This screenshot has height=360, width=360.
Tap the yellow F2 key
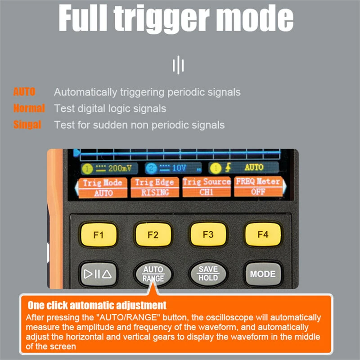point(153,234)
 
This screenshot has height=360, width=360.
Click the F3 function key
point(208,234)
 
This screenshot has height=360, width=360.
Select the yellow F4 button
point(263,234)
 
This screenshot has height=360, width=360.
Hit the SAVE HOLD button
point(208,274)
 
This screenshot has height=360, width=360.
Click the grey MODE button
point(263,274)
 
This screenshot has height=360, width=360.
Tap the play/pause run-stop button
point(98,274)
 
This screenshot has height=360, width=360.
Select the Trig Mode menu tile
point(103,188)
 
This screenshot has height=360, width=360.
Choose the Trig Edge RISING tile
point(155,187)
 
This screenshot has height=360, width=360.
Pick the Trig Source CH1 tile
point(207,187)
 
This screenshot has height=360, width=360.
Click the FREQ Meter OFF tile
point(258,186)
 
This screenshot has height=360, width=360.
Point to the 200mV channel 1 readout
point(109,168)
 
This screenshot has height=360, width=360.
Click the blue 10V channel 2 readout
point(173,168)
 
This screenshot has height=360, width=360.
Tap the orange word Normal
point(29,108)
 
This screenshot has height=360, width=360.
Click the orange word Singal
point(27,125)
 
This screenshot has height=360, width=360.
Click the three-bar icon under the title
point(178,65)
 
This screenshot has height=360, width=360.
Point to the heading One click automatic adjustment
point(97,306)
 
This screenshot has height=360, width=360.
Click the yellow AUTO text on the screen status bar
point(254,167)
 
